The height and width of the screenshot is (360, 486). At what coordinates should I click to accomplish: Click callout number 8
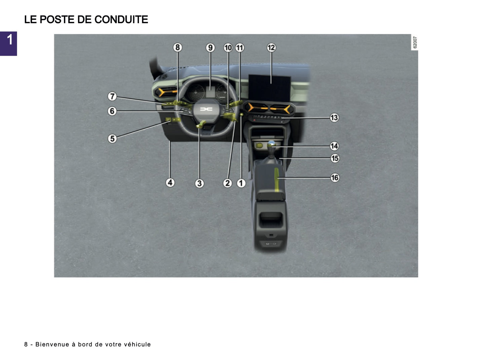coord(178,47)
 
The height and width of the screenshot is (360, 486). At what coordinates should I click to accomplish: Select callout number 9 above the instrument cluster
coord(211,47)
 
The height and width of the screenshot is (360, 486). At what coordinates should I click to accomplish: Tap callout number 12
coord(271,47)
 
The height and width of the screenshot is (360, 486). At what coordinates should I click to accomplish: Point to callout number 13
coord(334,117)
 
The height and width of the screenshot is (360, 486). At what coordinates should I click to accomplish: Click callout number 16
coord(335,177)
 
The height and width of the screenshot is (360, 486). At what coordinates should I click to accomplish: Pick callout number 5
coord(112,138)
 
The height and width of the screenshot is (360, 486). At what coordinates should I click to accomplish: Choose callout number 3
coord(199,183)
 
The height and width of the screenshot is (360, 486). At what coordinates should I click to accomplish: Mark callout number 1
coord(241,183)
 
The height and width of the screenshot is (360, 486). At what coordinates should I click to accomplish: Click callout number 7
coord(112,97)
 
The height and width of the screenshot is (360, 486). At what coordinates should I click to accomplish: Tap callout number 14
coord(334,146)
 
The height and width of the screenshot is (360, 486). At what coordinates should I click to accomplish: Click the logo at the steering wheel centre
coord(206,109)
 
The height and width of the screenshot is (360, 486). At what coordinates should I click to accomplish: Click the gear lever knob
coord(271,144)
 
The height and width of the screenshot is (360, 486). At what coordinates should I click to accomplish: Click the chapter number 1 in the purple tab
coord(9,40)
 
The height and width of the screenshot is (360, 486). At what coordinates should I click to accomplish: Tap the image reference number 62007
coord(415,42)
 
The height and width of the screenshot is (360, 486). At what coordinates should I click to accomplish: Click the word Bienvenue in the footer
coord(52,344)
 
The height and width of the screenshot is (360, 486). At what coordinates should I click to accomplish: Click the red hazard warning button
coord(254,119)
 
